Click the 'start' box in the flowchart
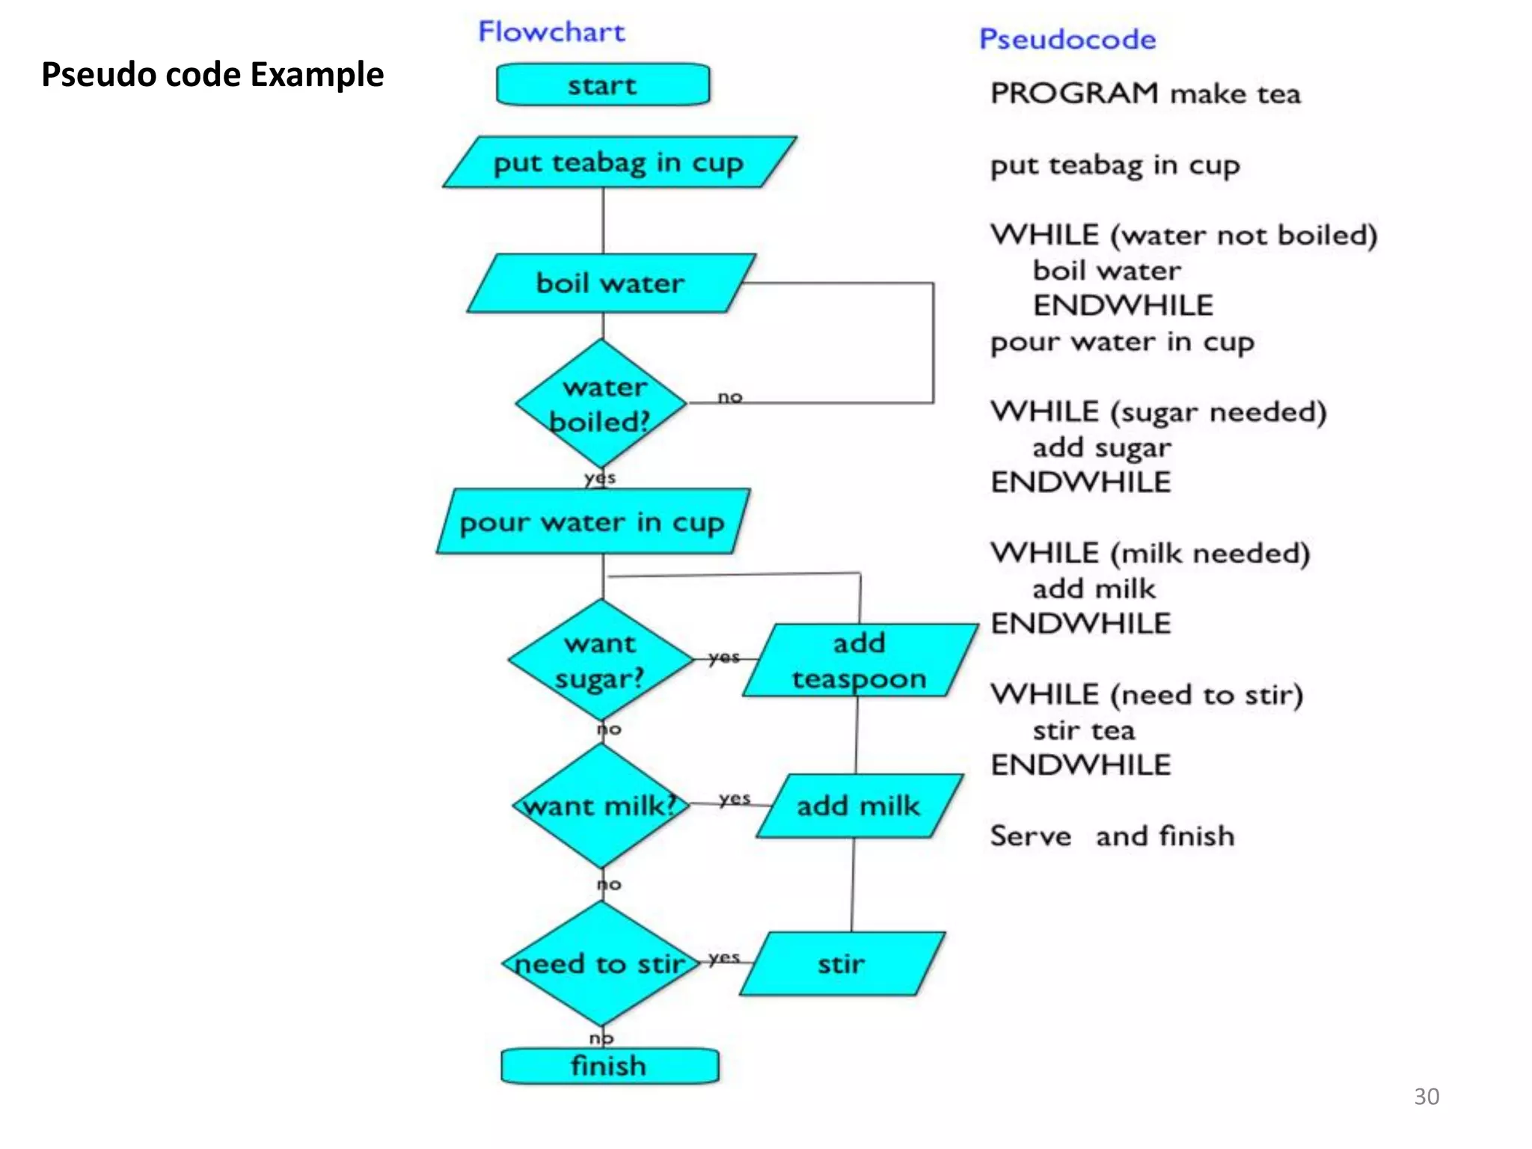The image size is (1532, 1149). pos(603,85)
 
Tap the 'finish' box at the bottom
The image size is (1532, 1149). pos(609,1065)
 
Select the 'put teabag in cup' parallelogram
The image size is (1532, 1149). pos(619,162)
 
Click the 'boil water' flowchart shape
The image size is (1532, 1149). pos(610,283)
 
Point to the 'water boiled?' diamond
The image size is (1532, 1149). pos(601,404)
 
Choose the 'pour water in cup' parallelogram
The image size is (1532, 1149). pos(592,522)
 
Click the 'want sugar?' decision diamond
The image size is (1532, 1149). pos(601,661)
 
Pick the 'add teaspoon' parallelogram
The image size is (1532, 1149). pos(860,661)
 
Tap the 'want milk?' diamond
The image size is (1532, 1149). pos(601,806)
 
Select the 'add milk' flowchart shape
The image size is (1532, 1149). pos(859,806)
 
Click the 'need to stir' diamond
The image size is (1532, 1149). pos(601,963)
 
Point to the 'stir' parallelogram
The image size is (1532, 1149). pos(842,963)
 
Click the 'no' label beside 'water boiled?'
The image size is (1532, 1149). pos(730,397)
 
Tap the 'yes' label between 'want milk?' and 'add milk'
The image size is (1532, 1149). pos(735,799)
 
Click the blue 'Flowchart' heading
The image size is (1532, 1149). pos(551,32)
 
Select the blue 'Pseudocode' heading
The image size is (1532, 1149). pos(1067,40)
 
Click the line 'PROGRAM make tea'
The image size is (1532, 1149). pos(1145,94)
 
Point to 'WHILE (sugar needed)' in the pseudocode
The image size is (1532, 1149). pos(1158,412)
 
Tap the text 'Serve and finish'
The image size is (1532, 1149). pos(1112,836)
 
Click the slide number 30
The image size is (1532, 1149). pos(1426,1096)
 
